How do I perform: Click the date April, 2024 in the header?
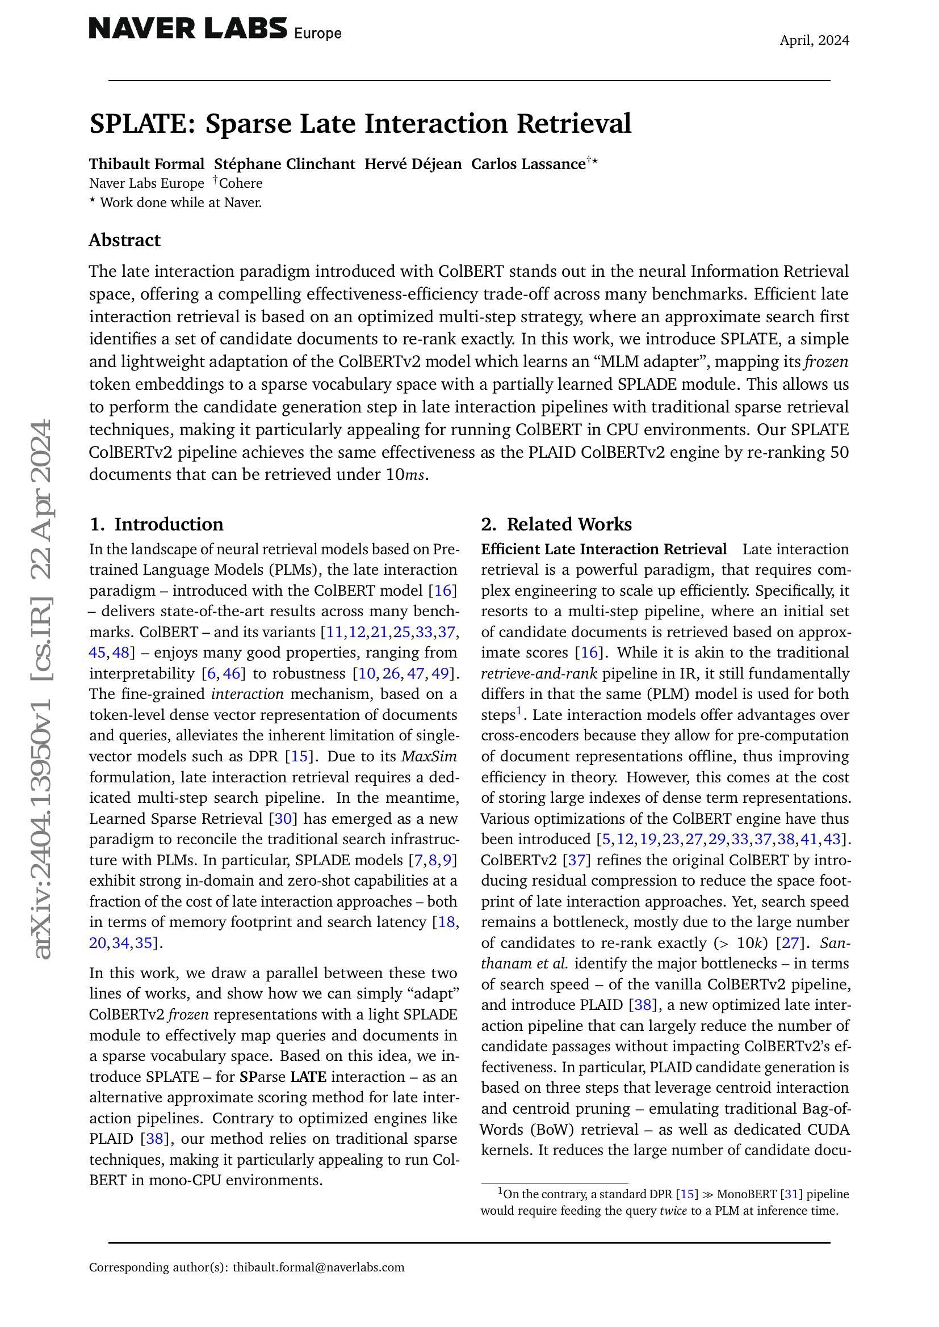(x=814, y=40)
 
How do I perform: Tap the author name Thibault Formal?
(x=147, y=164)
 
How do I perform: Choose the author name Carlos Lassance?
(x=529, y=164)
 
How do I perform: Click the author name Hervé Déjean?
(x=413, y=164)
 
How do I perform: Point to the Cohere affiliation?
(x=241, y=183)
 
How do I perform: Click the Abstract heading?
(x=124, y=240)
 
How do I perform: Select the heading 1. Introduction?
(x=156, y=524)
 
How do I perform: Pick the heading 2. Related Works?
(x=556, y=524)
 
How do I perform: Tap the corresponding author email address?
(x=318, y=1267)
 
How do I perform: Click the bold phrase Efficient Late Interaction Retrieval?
(x=603, y=549)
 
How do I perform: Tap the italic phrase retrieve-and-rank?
(x=530, y=674)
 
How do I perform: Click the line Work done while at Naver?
(x=181, y=203)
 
